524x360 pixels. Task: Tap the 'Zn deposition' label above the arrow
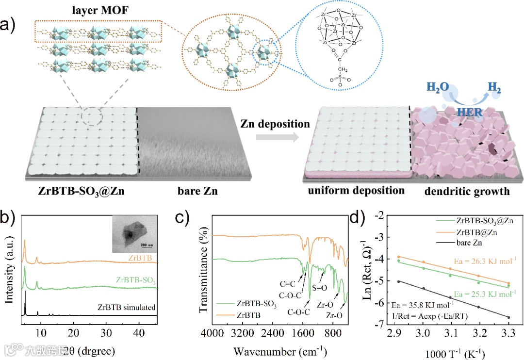click(x=275, y=124)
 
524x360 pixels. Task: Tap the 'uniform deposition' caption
click(x=356, y=191)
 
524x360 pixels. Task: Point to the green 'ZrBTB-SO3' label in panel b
click(x=136, y=279)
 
